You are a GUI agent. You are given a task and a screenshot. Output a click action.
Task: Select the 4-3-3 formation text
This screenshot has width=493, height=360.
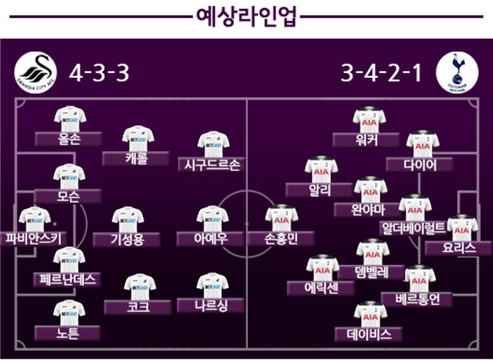tap(99, 73)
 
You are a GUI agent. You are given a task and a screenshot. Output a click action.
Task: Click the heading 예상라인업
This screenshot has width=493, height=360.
tap(246, 16)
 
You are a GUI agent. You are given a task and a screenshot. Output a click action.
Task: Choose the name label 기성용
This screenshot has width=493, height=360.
tap(126, 239)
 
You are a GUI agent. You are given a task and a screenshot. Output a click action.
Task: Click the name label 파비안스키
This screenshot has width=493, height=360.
tap(34, 239)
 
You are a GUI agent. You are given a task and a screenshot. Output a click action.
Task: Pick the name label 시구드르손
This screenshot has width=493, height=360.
tap(212, 165)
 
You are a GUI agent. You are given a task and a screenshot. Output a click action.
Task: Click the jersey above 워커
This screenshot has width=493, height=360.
tap(369, 119)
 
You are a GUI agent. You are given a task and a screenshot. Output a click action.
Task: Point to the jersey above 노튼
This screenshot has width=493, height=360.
tap(69, 312)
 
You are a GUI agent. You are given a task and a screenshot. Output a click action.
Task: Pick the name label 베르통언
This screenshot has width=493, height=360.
tap(416, 299)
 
